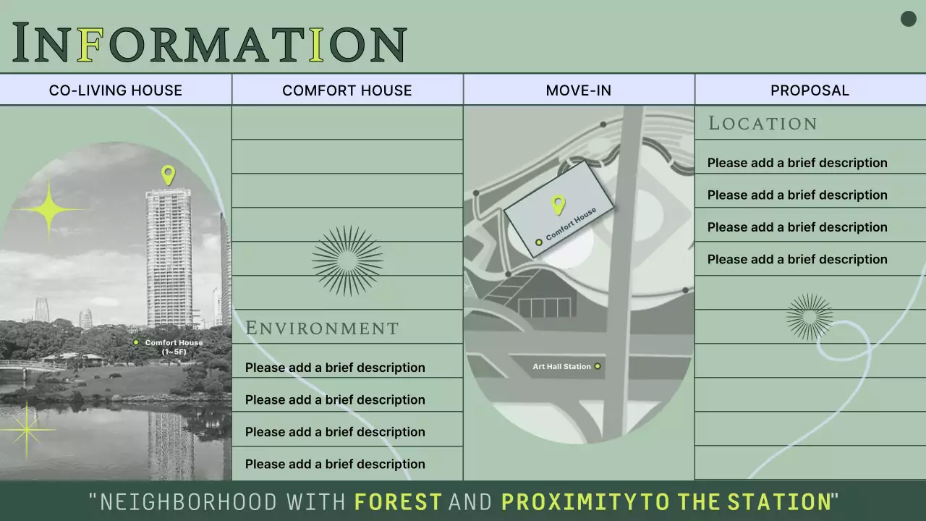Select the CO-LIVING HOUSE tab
(116, 90)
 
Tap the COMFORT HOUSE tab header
(347, 90)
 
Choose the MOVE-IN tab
(579, 90)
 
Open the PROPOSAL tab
(810, 90)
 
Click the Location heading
(763, 124)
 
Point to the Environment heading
(322, 329)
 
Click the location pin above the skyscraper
(168, 174)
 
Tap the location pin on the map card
(558, 205)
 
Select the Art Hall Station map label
(562, 367)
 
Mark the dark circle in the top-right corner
(908, 20)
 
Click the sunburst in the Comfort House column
(347, 260)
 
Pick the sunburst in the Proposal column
(810, 316)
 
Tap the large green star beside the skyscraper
(49, 210)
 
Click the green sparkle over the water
(27, 431)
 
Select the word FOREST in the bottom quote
(398, 501)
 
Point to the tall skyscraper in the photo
(169, 257)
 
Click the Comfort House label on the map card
(571, 224)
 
